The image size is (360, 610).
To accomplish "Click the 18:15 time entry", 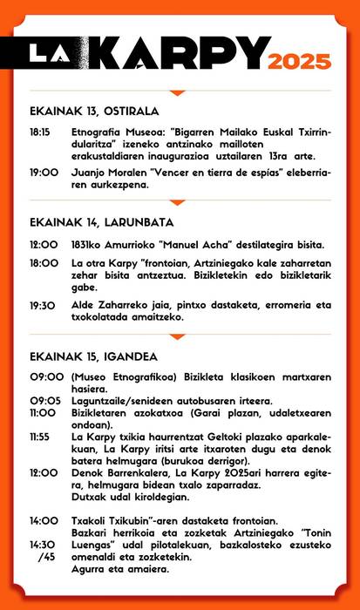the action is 40,133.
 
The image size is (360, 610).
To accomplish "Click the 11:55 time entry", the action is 41,436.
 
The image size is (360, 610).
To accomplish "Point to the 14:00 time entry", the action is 44,520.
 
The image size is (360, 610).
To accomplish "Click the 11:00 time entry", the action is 43,412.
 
